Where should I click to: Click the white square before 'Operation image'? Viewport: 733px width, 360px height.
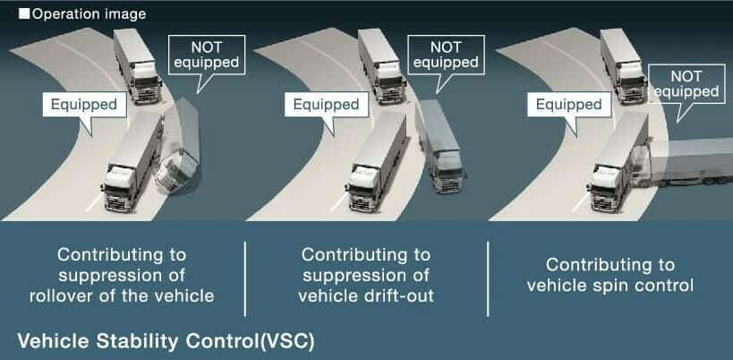tap(24, 14)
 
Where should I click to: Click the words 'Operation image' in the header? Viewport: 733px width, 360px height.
tap(89, 14)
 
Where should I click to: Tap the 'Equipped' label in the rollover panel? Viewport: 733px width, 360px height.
tap(84, 104)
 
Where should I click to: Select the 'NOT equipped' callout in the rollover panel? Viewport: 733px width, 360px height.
tap(206, 55)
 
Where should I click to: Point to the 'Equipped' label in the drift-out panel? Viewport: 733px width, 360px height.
tap(327, 104)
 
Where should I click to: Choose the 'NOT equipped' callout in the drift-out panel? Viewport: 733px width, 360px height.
tap(446, 55)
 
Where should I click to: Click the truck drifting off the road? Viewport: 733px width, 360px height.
tap(440, 146)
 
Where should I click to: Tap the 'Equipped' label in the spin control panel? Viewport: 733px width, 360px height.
tap(569, 104)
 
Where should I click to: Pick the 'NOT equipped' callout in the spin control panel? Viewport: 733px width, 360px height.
tap(686, 83)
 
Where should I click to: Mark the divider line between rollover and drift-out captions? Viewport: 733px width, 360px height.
tap(245, 279)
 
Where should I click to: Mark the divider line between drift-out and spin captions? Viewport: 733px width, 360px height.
tap(488, 279)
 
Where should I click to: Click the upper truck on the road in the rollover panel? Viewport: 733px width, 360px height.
tap(138, 65)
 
